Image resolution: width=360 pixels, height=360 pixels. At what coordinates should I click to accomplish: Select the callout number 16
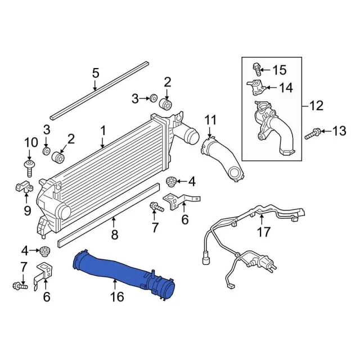(x=117, y=296)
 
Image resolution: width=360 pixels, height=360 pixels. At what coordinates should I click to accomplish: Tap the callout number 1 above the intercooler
(x=103, y=130)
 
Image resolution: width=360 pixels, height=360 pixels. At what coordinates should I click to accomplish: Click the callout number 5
(x=96, y=73)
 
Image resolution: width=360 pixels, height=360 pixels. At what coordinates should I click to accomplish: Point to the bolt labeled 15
(x=256, y=70)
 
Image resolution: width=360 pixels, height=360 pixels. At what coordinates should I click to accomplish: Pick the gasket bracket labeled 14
(x=256, y=88)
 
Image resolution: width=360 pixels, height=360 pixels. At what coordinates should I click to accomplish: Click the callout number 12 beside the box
(x=316, y=106)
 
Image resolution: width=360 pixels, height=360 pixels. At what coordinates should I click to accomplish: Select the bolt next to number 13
(x=312, y=134)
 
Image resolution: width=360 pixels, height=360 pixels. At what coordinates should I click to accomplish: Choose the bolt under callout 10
(x=30, y=168)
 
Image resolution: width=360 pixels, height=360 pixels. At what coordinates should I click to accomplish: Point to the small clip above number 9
(x=24, y=186)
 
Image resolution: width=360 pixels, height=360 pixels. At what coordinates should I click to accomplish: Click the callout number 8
(x=115, y=235)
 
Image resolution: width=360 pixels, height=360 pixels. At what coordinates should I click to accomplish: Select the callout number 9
(x=28, y=210)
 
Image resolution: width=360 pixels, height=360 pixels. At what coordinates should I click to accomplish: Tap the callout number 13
(x=339, y=131)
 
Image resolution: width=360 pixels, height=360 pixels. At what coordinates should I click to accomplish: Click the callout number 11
(x=210, y=120)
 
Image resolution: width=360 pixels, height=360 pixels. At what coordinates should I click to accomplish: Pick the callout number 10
(x=31, y=142)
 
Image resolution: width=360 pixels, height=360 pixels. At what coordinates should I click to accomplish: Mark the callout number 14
(x=286, y=88)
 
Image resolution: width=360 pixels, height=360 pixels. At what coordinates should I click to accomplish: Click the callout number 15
(x=280, y=70)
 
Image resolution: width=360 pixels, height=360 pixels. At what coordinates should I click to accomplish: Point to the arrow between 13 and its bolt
(x=326, y=131)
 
